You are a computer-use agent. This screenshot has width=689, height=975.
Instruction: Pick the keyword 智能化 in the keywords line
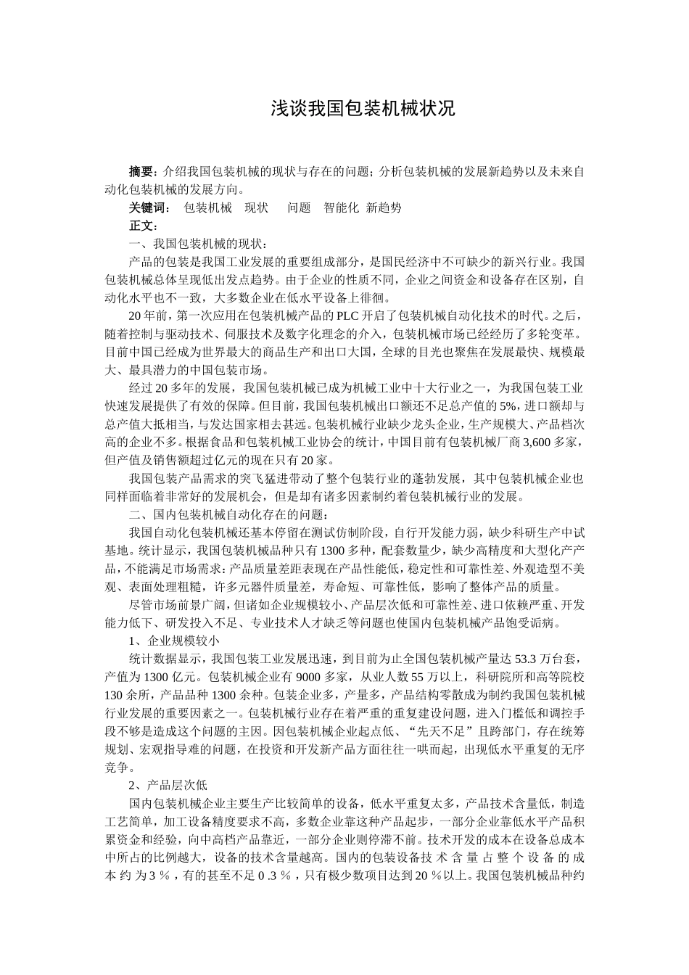click(x=341, y=207)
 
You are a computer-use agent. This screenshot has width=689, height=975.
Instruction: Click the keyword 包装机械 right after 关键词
click(x=207, y=207)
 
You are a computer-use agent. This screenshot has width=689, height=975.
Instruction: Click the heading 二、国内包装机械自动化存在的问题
click(x=226, y=514)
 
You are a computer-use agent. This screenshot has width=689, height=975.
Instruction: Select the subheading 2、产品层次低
click(x=168, y=785)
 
